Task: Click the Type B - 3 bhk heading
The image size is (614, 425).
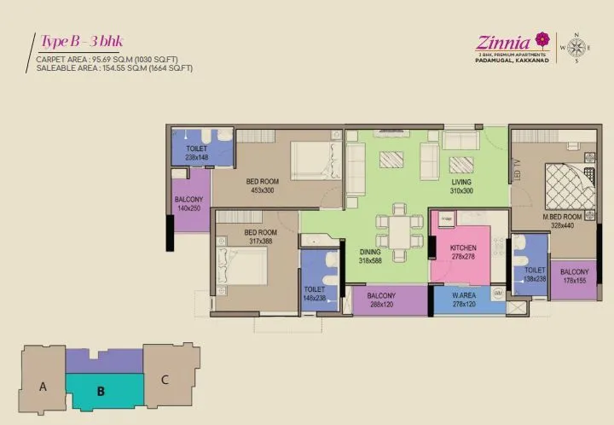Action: [80, 42]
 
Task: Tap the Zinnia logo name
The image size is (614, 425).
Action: [503, 40]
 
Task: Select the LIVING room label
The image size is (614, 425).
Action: [461, 181]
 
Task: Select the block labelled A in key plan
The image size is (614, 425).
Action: [43, 386]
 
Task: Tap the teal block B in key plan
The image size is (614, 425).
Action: [101, 392]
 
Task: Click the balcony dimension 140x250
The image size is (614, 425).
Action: [188, 208]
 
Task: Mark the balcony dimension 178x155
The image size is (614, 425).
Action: [574, 280]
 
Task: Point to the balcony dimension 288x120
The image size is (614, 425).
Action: [380, 305]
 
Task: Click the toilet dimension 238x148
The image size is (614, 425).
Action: [197, 157]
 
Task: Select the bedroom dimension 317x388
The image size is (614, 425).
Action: [260, 242]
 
